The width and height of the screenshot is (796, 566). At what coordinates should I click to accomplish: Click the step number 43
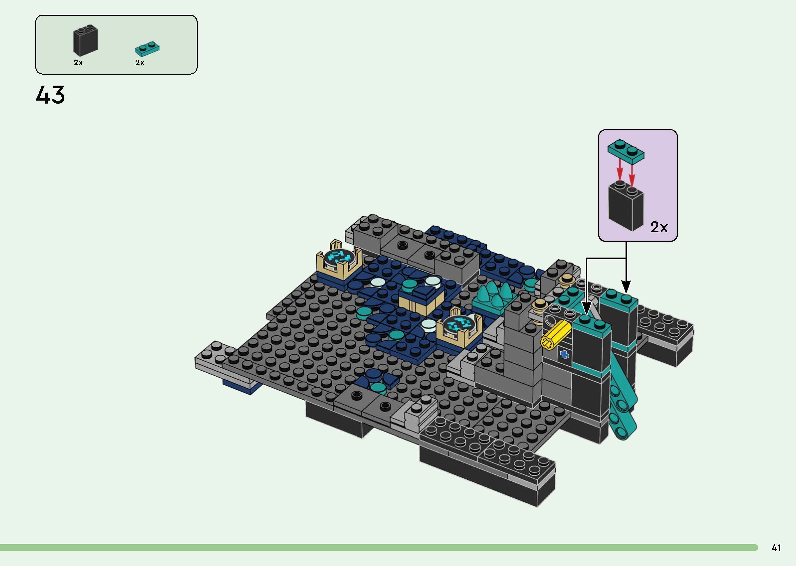tap(50, 95)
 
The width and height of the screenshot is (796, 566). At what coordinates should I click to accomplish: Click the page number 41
tap(776, 548)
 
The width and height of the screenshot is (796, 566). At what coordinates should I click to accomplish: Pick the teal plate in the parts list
tap(147, 49)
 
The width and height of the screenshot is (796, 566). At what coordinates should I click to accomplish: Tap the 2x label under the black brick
tap(78, 63)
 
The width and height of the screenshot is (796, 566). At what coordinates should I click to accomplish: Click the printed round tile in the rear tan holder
tap(337, 258)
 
